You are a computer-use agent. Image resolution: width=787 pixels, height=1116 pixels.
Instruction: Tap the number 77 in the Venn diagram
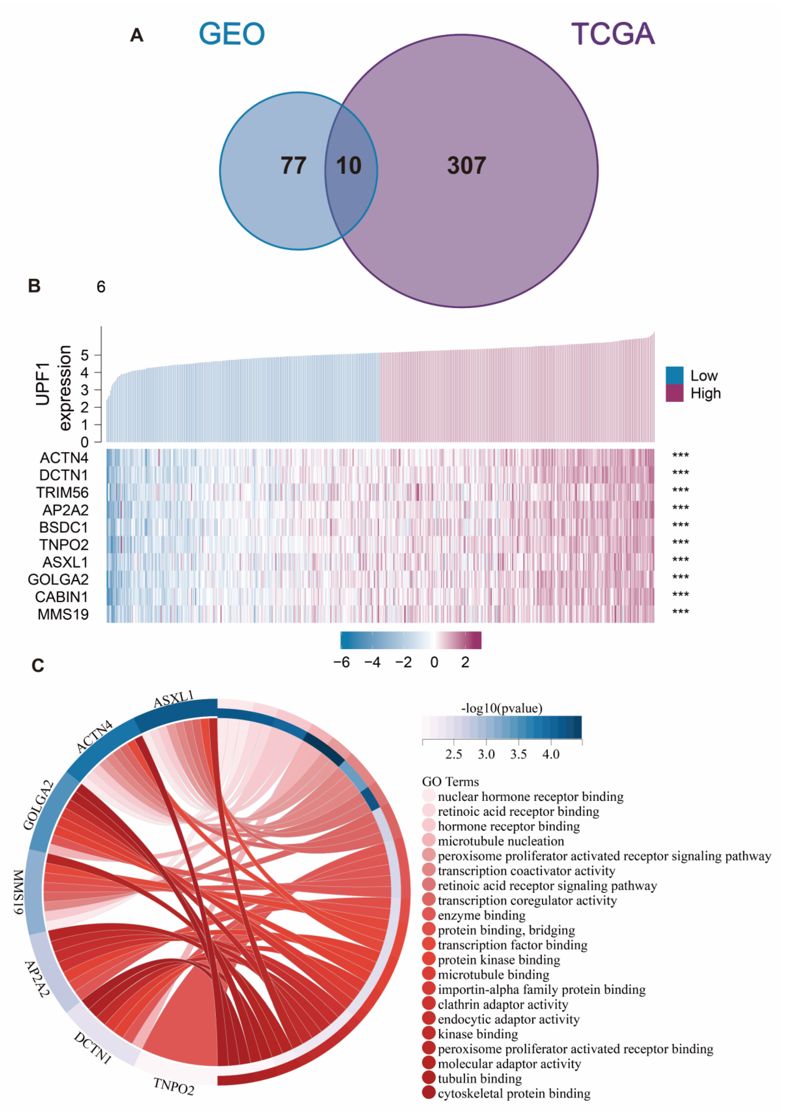(x=293, y=166)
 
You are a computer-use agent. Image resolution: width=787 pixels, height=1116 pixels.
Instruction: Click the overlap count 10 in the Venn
(x=349, y=166)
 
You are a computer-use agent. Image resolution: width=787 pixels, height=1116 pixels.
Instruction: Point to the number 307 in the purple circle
(x=466, y=166)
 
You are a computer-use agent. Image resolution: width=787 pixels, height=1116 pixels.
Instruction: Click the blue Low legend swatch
(x=674, y=375)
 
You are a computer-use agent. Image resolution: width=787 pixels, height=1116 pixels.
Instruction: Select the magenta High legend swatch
(x=674, y=393)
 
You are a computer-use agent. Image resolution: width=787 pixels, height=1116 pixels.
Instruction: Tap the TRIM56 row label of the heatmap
(x=63, y=493)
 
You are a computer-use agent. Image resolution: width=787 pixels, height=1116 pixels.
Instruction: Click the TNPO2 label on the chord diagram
(x=174, y=1086)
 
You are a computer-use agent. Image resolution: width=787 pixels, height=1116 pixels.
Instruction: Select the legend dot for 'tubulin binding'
(x=429, y=1079)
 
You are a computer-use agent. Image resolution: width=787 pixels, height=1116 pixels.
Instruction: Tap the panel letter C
(x=38, y=665)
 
